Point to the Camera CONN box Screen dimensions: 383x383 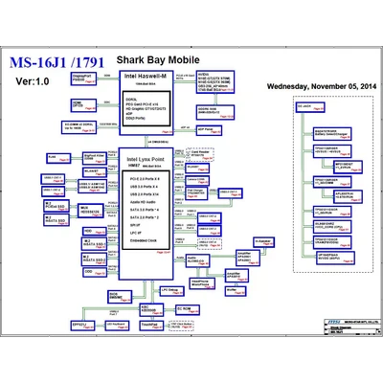click(195, 180)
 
